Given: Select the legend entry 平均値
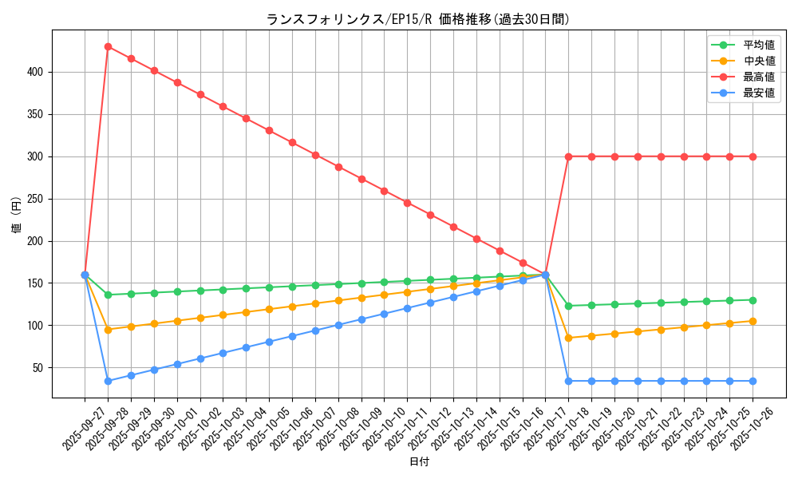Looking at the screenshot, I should pos(759,46).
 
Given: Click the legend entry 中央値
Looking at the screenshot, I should pos(759,61).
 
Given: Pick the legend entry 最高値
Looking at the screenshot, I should pos(759,77).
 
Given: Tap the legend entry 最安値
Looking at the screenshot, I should pos(759,93).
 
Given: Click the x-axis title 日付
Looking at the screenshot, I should pos(419,462).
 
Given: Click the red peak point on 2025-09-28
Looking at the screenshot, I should pos(108,46).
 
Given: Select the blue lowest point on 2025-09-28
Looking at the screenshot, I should pos(108,381).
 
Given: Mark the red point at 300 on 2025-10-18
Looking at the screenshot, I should pos(568,156).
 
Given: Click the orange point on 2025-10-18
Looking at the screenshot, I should pos(568,338).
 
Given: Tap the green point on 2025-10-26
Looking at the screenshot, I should pos(753,300).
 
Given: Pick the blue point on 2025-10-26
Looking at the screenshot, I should pos(753,381).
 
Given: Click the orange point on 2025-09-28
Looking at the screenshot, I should pos(108,329).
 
